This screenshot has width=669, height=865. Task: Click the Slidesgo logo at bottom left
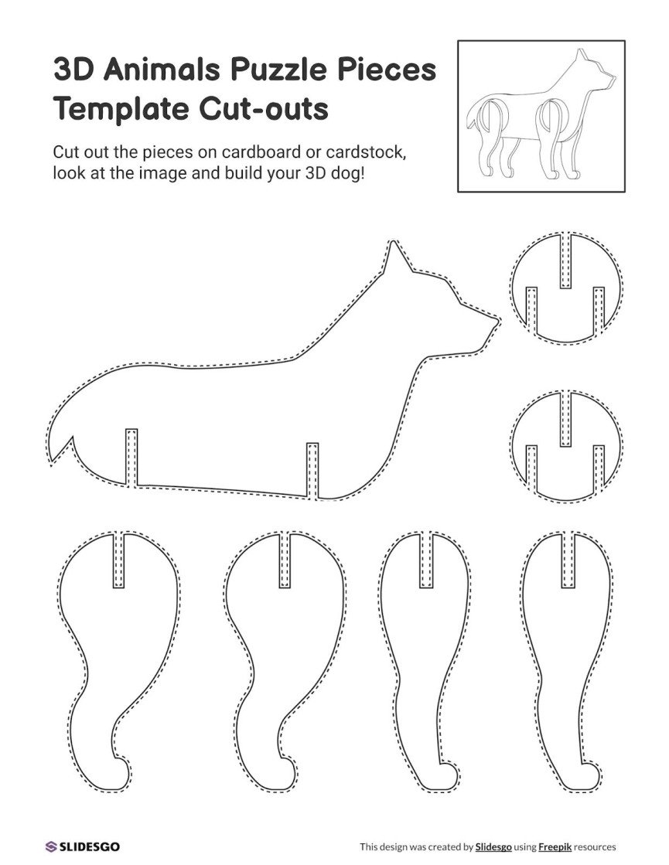click(82, 846)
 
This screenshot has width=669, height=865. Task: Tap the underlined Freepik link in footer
click(555, 847)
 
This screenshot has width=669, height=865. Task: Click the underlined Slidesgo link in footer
click(493, 847)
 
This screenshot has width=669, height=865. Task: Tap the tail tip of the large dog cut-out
click(53, 461)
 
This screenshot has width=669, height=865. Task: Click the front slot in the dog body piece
click(312, 469)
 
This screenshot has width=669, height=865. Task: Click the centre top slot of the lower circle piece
click(566, 418)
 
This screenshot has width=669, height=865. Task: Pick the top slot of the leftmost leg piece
click(118, 560)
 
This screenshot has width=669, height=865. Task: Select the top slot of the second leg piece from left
click(285, 560)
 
